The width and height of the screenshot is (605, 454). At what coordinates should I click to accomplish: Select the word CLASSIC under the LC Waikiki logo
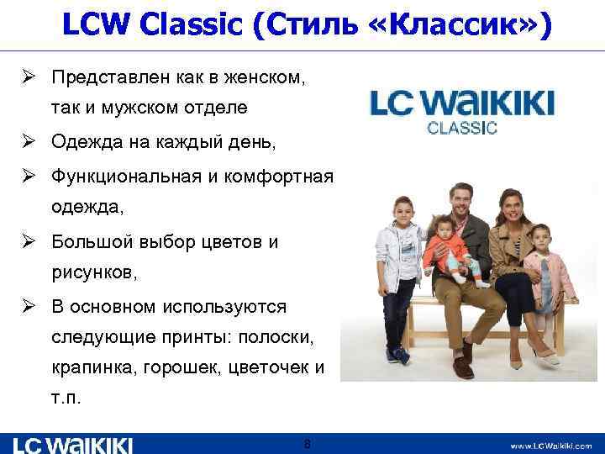pos(462,129)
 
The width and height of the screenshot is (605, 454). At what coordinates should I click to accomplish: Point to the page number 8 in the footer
pos(308,443)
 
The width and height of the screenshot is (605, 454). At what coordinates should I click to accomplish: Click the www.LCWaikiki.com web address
pos(550,446)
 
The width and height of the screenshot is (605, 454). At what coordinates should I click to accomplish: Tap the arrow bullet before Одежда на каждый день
pos(28,143)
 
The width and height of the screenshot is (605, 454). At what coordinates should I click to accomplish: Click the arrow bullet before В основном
pos(28,307)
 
